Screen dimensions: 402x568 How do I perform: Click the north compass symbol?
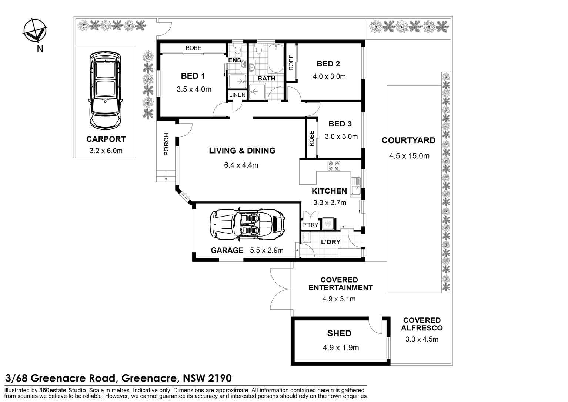pyautogui.click(x=35, y=30)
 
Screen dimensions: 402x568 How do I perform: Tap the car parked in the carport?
pyautogui.click(x=105, y=91)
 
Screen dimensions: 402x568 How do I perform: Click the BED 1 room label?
pyautogui.click(x=193, y=76)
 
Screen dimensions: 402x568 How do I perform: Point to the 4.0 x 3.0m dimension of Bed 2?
pyautogui.click(x=329, y=76)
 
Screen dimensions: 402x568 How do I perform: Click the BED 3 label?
pyautogui.click(x=340, y=124)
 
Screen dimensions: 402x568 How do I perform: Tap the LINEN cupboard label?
pyautogui.click(x=237, y=95)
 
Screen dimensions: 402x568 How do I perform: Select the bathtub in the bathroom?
pyautogui.click(x=275, y=59)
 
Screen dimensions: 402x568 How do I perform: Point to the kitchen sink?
pyautogui.click(x=355, y=187)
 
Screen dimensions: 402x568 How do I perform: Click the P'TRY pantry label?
pyautogui.click(x=310, y=225)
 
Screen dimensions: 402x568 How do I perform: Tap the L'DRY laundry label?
pyautogui.click(x=330, y=242)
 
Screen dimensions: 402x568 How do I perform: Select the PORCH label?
pyautogui.click(x=166, y=144)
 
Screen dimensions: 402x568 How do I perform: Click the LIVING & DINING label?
pyautogui.click(x=242, y=151)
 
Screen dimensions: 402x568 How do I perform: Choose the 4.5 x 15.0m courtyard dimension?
pyautogui.click(x=409, y=156)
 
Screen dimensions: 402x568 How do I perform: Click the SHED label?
pyautogui.click(x=339, y=333)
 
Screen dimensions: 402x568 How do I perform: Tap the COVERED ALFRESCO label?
pyautogui.click(x=422, y=324)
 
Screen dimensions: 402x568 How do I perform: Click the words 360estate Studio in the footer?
pyautogui.click(x=63, y=390)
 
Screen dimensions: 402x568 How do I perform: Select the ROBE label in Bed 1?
pyautogui.click(x=193, y=48)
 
